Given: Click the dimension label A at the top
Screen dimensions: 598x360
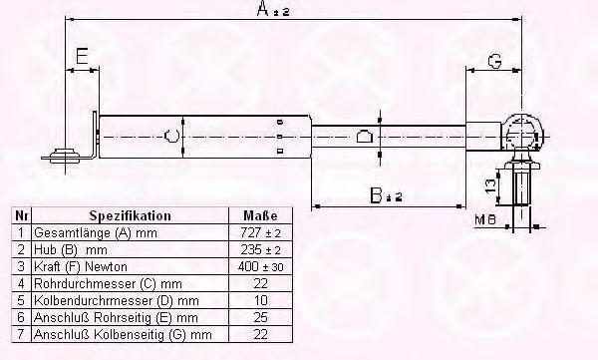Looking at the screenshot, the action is [x=273, y=9].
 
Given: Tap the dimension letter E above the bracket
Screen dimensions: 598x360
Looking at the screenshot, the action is [x=82, y=56].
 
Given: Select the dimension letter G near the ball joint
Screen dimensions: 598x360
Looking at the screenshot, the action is [x=494, y=61].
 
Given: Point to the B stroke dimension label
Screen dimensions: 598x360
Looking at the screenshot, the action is [x=386, y=195].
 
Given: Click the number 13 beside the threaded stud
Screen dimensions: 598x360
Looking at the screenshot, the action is [x=491, y=184].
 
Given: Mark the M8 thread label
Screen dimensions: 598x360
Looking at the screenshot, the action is [x=485, y=219].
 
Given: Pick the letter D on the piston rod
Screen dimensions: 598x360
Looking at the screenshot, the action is [x=364, y=137].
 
